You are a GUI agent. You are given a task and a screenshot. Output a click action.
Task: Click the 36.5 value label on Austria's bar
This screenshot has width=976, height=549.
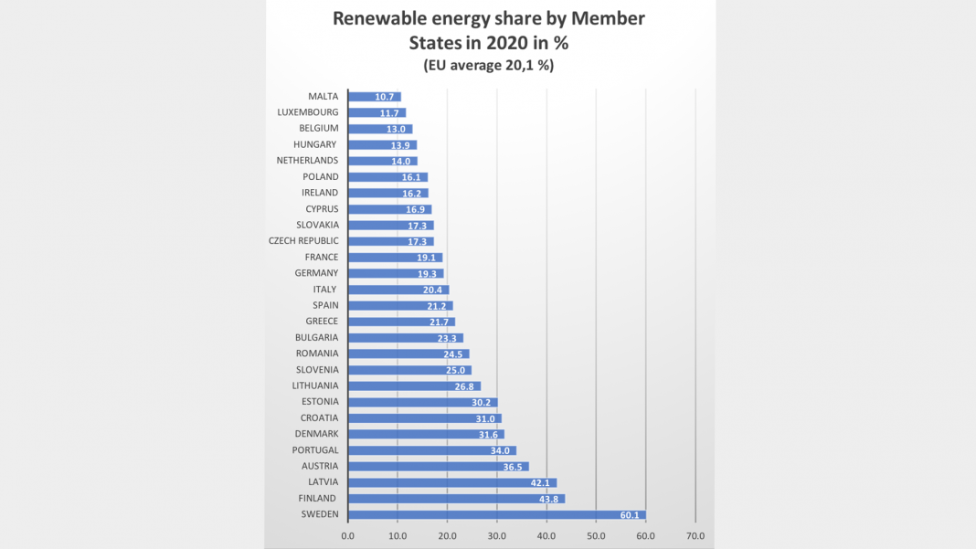513,467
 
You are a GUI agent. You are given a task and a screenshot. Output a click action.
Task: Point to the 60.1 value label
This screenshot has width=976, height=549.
630,515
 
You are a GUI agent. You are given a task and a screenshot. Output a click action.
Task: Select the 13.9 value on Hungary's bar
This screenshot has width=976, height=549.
400,145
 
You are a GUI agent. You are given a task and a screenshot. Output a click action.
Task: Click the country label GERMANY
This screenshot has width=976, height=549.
316,273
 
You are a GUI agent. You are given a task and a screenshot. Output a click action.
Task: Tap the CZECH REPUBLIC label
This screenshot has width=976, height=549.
303,241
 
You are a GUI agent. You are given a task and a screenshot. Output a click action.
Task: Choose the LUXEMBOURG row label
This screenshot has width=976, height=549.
307,112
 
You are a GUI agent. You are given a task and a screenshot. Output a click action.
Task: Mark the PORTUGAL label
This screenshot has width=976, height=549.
315,450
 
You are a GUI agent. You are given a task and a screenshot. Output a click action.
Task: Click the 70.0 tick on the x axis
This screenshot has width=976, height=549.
695,536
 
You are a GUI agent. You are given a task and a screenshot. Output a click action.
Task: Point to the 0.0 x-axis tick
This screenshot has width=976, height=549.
348,536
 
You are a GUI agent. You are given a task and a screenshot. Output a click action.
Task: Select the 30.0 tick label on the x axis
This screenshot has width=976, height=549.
497,536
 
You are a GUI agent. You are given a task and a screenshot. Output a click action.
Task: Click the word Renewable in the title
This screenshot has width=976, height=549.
376,18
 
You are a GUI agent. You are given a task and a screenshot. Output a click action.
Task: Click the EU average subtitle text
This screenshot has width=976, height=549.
488,65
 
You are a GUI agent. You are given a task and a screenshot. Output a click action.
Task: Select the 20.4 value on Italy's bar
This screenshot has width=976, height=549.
433,290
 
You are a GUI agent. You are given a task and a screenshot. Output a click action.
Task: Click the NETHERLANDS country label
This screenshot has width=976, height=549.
307,161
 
